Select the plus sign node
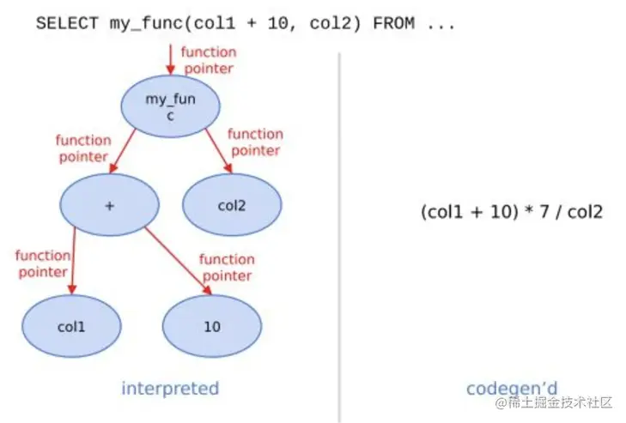tap(109, 206)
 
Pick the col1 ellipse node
tap(72, 326)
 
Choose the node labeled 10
tap(212, 326)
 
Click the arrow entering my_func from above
tap(170, 60)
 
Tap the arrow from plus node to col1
tap(73, 262)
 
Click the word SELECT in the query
tap(67, 23)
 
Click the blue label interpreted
tap(170, 388)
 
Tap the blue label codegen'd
tap(512, 388)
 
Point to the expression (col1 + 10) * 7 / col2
tap(512, 211)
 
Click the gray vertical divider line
tap(339, 232)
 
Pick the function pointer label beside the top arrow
tap(207, 60)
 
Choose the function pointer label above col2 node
tap(255, 142)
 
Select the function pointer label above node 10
tap(226, 267)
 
